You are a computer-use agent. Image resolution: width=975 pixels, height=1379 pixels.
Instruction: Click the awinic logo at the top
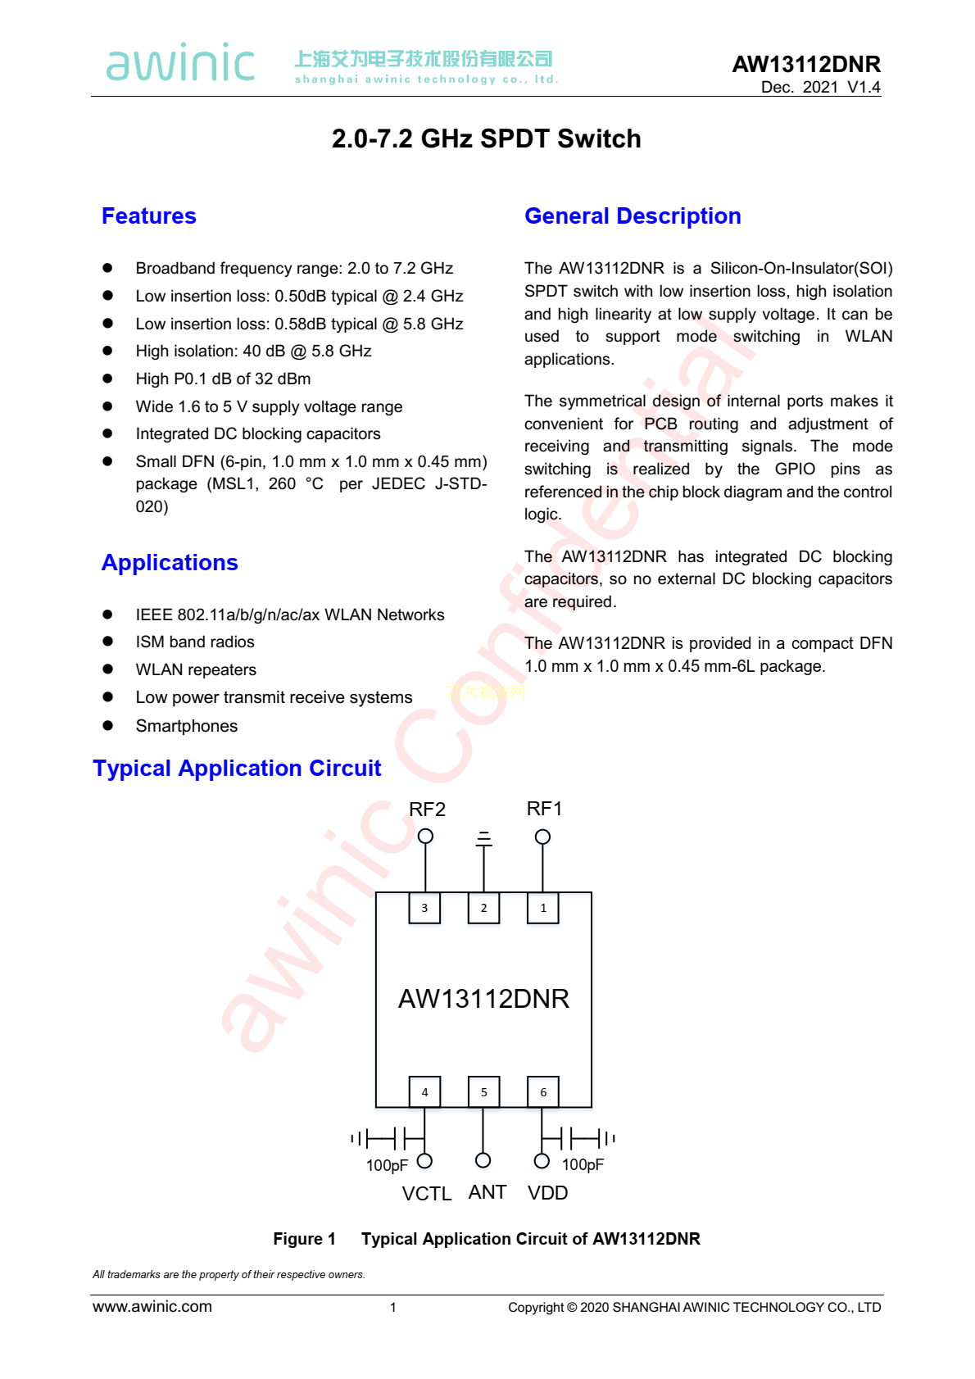[180, 63]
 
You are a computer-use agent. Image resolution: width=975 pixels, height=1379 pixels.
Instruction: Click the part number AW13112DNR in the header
[805, 64]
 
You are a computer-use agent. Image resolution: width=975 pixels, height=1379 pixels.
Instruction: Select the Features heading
[149, 216]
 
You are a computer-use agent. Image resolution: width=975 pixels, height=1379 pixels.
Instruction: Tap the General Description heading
[633, 216]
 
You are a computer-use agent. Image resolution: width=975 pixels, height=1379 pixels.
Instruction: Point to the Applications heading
[170, 563]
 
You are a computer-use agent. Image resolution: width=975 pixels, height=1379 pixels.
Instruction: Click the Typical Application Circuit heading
[237, 769]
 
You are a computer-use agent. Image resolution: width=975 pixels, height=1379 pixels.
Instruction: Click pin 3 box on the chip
[424, 908]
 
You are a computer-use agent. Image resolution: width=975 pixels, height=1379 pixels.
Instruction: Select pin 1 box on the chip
[543, 908]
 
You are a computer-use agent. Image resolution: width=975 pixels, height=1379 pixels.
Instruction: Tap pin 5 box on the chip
[483, 1092]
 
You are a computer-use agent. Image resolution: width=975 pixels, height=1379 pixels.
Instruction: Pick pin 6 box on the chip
[543, 1092]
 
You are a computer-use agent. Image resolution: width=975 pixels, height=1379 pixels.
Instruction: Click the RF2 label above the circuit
[427, 810]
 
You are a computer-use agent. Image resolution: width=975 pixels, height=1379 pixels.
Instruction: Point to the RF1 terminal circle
[542, 837]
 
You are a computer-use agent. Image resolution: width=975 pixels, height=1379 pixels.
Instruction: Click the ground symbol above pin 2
[484, 838]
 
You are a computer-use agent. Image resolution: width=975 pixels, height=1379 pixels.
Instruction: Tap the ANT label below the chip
[487, 1192]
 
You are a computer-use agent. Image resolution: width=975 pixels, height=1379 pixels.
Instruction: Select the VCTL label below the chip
[426, 1194]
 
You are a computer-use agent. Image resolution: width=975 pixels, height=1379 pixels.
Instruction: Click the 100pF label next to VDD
[583, 1165]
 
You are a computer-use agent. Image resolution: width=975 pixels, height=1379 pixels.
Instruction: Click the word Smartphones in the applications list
[187, 726]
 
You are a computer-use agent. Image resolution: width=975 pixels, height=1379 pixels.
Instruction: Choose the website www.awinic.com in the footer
[152, 1307]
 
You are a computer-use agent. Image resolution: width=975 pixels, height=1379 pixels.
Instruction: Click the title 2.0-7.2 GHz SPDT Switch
[487, 139]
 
